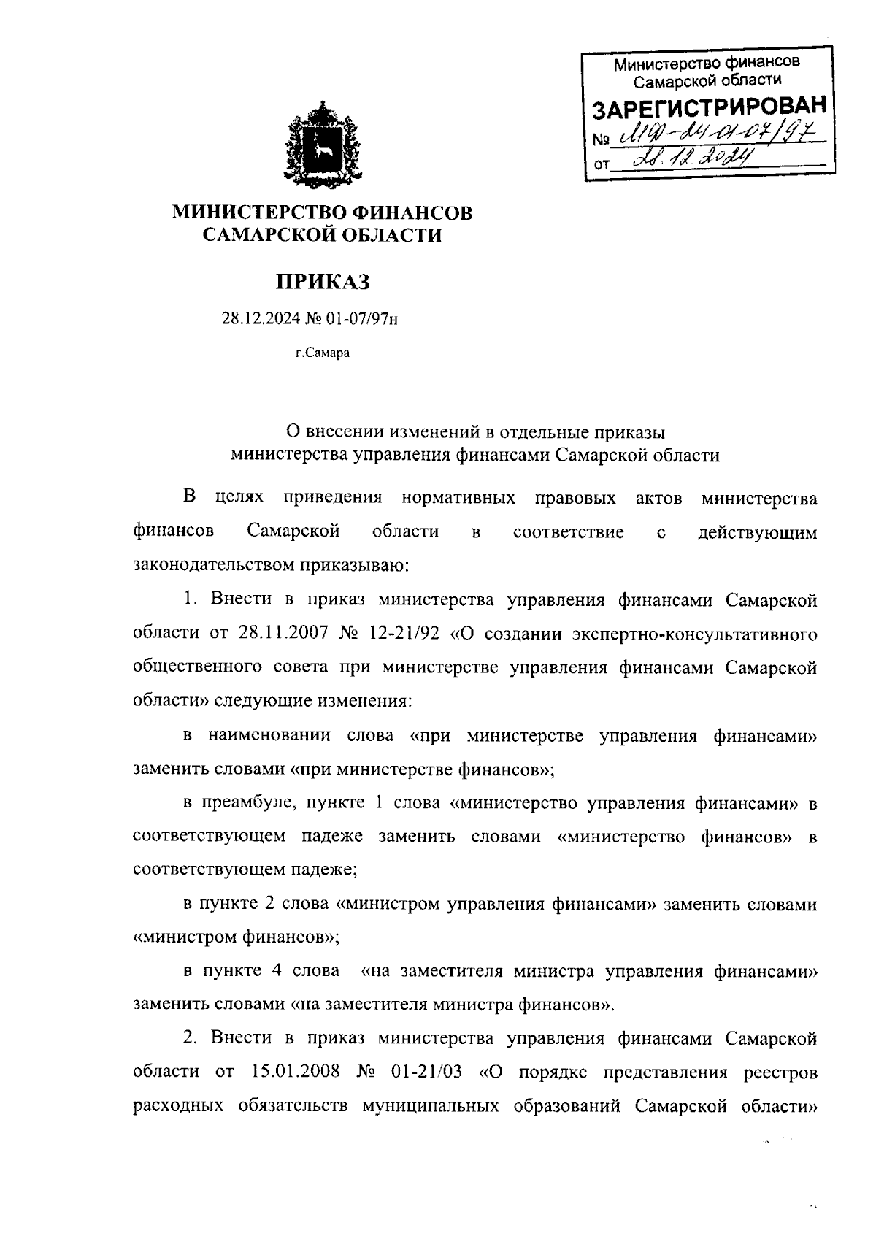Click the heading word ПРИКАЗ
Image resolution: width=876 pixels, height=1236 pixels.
point(322,281)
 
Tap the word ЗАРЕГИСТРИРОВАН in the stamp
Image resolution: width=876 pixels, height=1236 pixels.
point(709,108)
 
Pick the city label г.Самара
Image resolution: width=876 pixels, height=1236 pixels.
point(322,354)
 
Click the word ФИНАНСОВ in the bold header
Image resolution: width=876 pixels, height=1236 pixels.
point(412,212)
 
